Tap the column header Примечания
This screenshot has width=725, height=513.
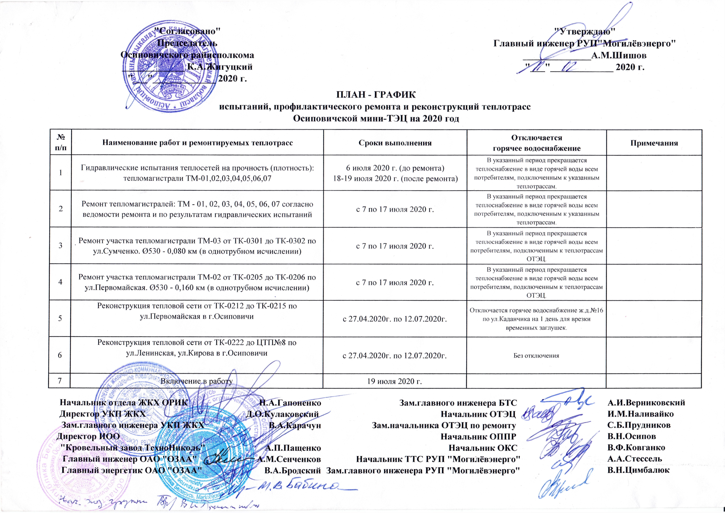click(654, 143)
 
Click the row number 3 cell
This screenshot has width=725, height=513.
click(60, 245)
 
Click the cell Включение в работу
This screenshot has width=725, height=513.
click(197, 381)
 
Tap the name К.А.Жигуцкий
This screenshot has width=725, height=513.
click(220, 67)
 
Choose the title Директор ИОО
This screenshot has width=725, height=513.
click(88, 437)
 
